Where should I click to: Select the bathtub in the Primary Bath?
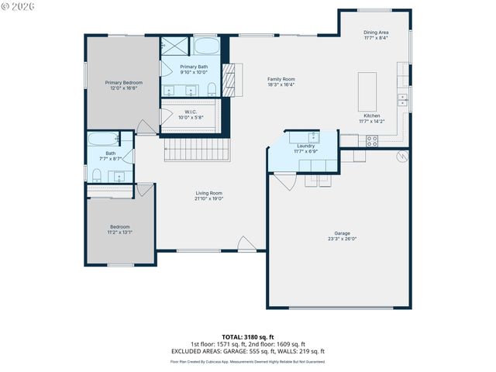(205, 44)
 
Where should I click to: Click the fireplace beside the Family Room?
(228, 80)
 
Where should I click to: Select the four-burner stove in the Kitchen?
(371, 141)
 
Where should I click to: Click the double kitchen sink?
(402, 100)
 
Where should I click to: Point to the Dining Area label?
(376, 35)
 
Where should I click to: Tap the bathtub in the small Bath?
(103, 140)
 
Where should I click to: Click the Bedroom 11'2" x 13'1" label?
(119, 229)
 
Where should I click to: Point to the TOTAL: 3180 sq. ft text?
(247, 337)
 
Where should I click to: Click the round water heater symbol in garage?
(401, 157)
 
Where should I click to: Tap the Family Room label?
(281, 81)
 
